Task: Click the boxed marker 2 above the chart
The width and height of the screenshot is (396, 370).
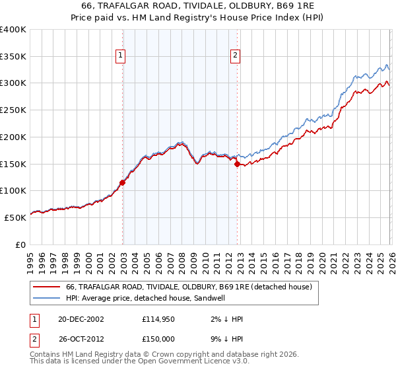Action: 236,56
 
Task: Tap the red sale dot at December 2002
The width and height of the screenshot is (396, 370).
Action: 122,182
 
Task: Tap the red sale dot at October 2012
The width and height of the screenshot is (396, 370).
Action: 237,164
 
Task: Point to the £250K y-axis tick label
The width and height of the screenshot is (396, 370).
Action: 13,110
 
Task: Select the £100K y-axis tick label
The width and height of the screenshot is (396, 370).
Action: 13,190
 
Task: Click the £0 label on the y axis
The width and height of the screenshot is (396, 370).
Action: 20,244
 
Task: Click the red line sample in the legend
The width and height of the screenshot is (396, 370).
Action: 46,287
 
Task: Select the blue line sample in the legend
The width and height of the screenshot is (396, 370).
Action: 46,299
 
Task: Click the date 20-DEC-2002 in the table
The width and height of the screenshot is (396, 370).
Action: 81,319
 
